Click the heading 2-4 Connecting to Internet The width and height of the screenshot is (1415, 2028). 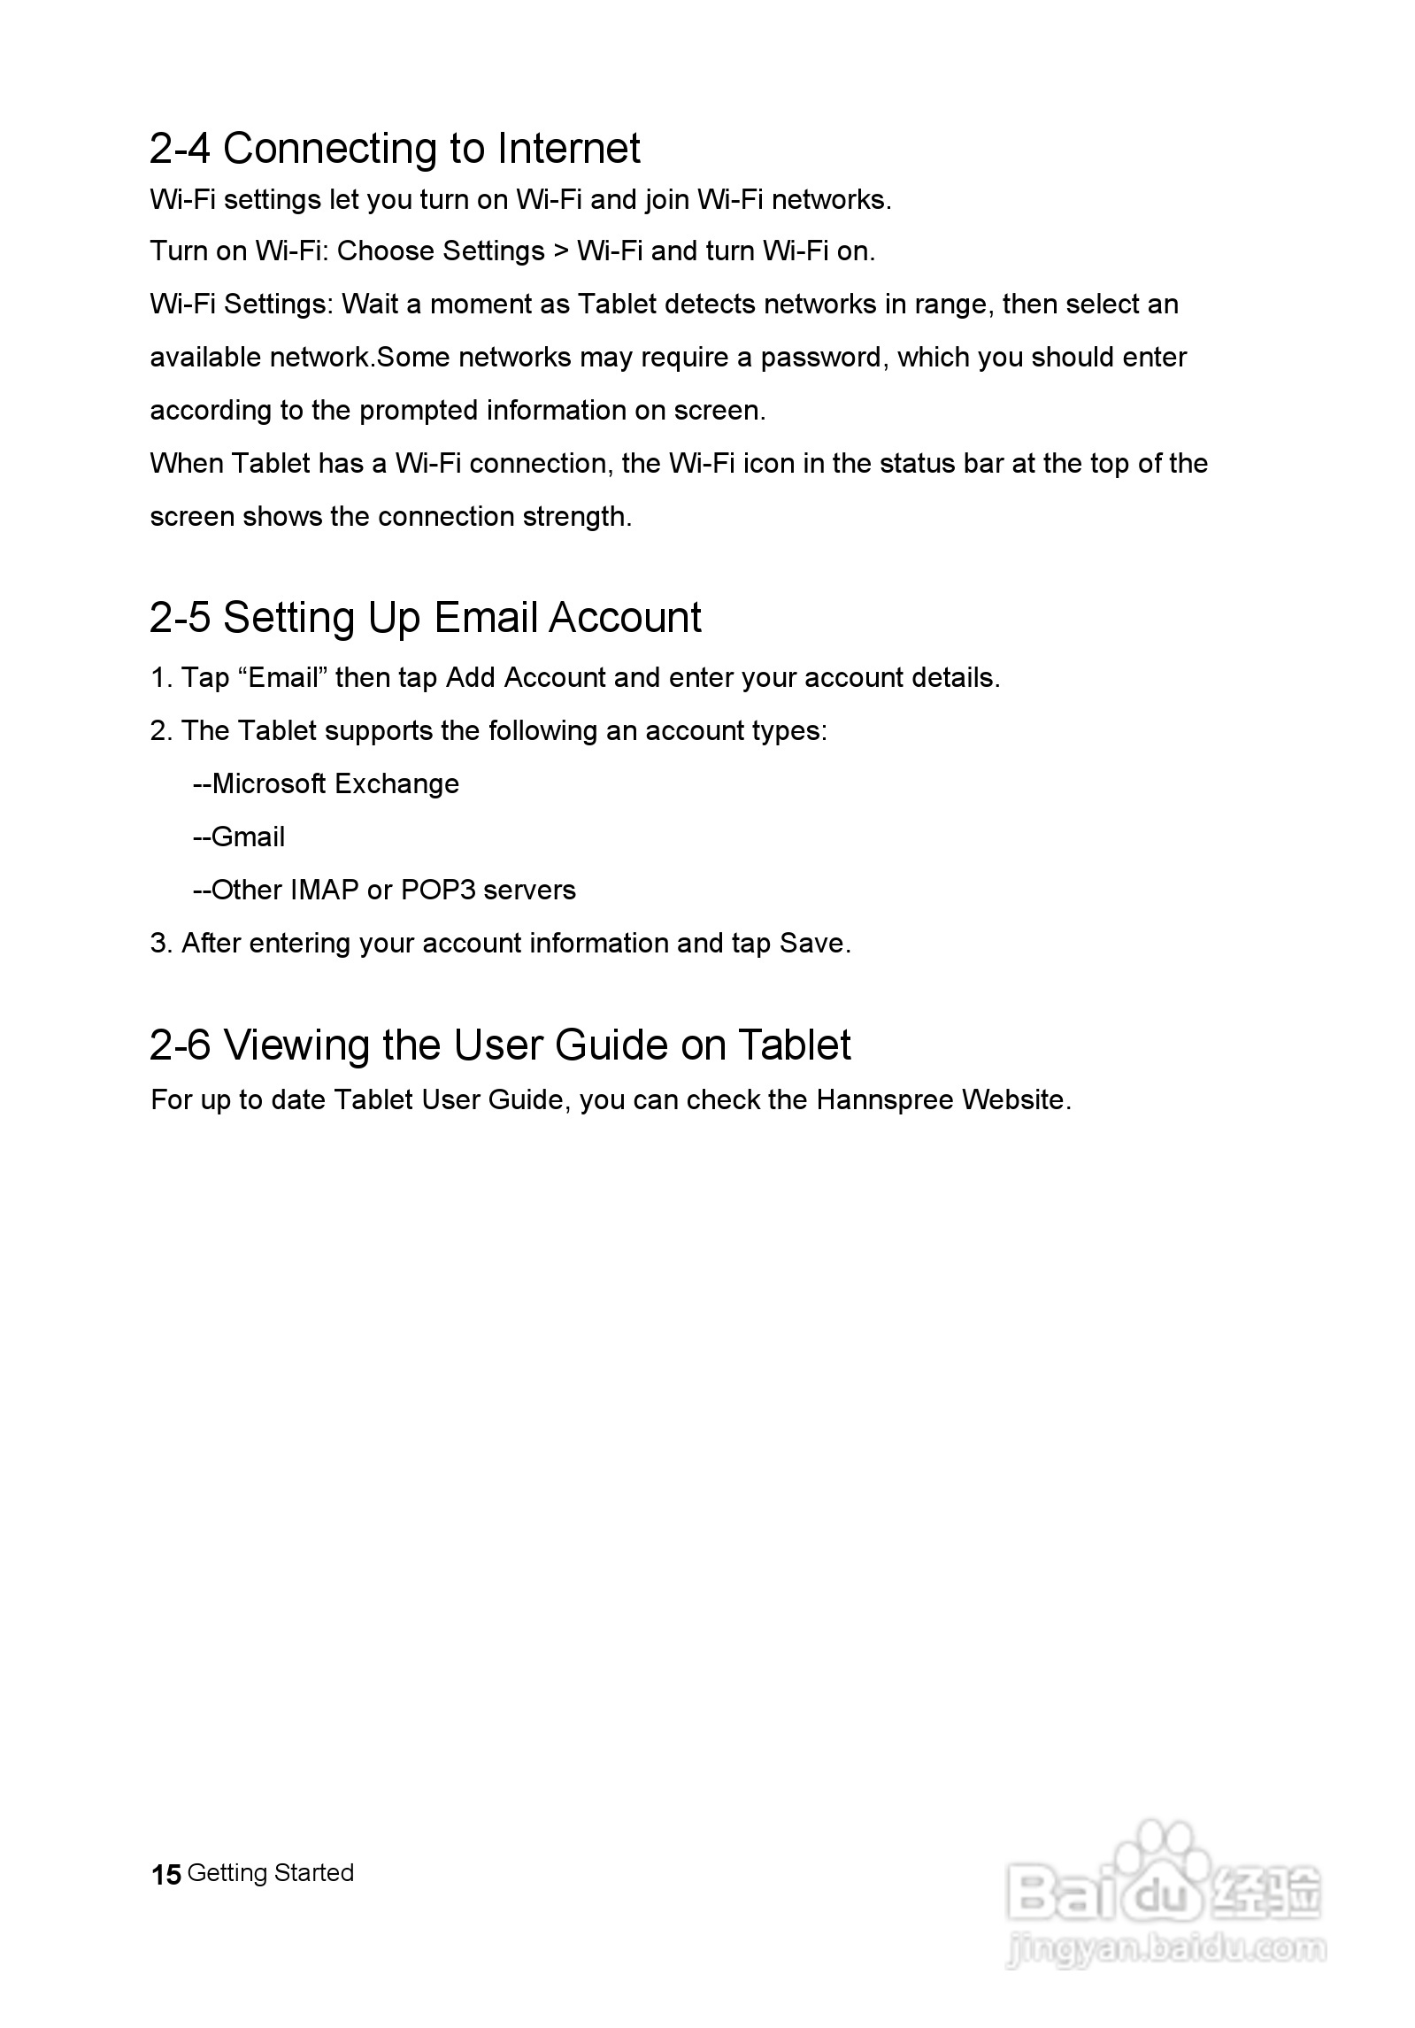395,149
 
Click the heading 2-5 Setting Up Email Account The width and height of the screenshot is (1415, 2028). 425,617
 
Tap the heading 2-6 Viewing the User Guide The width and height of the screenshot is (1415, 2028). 500,1045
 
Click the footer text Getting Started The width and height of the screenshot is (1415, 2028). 271,1873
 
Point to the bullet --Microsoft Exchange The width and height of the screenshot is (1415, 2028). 327,784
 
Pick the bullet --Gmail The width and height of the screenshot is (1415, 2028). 239,837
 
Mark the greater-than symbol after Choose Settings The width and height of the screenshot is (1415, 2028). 560,251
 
